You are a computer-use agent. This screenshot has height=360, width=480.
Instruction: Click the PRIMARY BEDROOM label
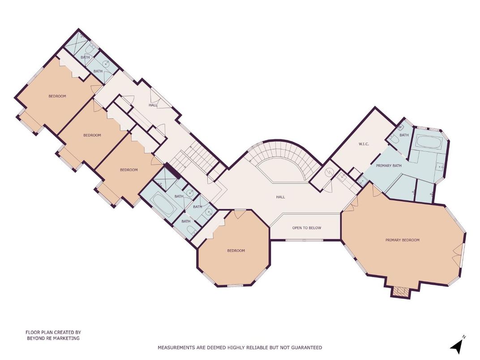pyautogui.click(x=402, y=240)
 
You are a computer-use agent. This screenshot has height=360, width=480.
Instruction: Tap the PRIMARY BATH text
pyautogui.click(x=388, y=166)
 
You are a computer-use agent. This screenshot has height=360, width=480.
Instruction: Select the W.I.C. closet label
pyautogui.click(x=363, y=144)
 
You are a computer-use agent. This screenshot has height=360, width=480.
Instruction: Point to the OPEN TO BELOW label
pyautogui.click(x=307, y=228)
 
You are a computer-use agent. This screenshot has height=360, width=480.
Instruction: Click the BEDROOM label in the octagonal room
pyautogui.click(x=236, y=251)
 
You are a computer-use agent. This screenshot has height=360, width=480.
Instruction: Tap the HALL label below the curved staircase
pyautogui.click(x=280, y=197)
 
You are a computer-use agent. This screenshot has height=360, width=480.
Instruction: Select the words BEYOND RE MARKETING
pyautogui.click(x=53, y=339)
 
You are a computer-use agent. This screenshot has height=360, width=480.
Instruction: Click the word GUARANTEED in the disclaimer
pyautogui.click(x=307, y=347)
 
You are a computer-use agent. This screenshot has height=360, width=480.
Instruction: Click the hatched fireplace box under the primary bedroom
pyautogui.click(x=400, y=292)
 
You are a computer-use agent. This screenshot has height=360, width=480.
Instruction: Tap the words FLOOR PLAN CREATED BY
pyautogui.click(x=53, y=333)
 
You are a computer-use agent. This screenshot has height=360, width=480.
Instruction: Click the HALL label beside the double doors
pyautogui.click(x=153, y=105)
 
